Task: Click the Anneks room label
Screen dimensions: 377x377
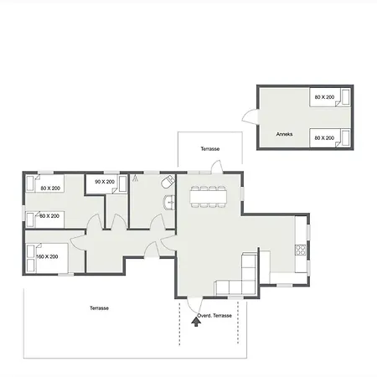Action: (284, 134)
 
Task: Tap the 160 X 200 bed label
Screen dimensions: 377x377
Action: (47, 256)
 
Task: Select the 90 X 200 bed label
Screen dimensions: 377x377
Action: (105, 182)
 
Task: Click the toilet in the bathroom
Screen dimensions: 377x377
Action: (168, 182)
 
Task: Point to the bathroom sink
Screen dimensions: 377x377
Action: (169, 202)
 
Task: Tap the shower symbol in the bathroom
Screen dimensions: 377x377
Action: (136, 178)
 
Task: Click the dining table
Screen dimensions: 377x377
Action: (209, 197)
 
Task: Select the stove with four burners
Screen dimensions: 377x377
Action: (301, 250)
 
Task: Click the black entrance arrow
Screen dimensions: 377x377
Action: (196, 322)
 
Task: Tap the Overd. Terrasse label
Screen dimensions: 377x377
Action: (214, 316)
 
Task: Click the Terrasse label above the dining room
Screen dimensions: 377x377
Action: (210, 149)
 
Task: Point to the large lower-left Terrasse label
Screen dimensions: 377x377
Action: (99, 308)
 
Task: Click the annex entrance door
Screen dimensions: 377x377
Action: (250, 116)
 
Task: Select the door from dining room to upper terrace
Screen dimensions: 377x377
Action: (217, 167)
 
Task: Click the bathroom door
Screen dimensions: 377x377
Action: (157, 221)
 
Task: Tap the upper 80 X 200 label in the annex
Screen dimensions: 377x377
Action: (324, 97)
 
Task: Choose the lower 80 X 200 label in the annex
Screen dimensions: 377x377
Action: (324, 138)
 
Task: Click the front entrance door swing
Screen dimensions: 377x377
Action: (194, 305)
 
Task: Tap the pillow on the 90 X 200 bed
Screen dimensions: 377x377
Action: (122, 183)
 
